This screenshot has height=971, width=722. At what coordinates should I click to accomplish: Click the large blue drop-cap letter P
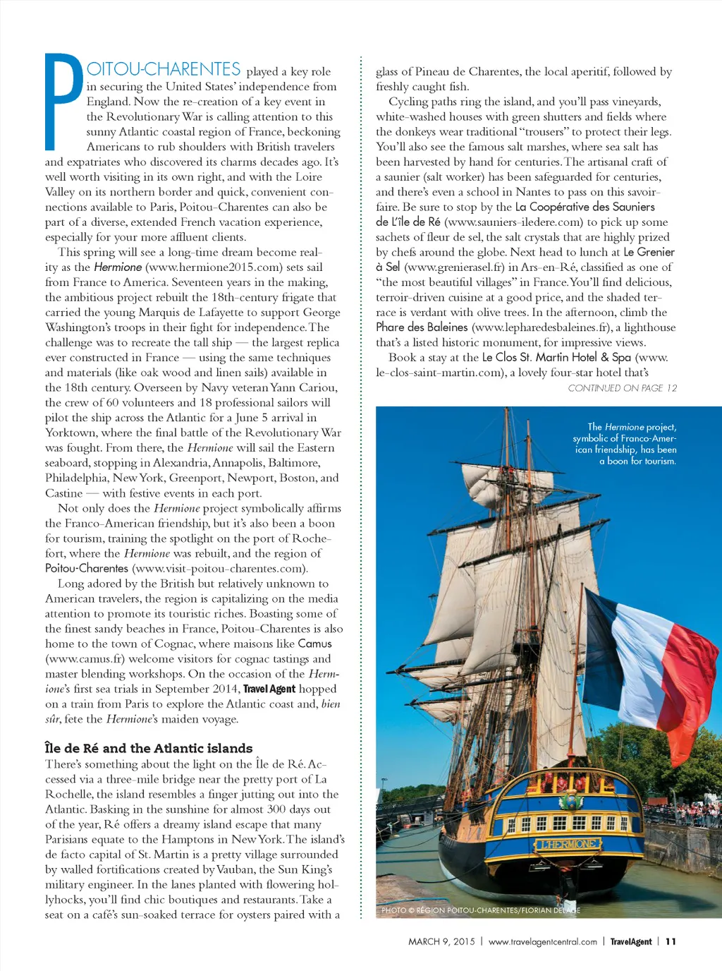pyautogui.click(x=63, y=102)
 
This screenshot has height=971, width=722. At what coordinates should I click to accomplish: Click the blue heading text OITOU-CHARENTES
pyautogui.click(x=164, y=69)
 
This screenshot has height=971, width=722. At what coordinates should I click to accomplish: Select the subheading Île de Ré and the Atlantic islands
pyautogui.click(x=149, y=748)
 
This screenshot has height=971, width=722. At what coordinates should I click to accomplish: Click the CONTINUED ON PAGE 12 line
pyautogui.click(x=622, y=388)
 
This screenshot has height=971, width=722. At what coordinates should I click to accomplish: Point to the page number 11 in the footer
pyautogui.click(x=671, y=941)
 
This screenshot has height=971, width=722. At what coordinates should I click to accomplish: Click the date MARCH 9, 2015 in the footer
pyautogui.click(x=441, y=941)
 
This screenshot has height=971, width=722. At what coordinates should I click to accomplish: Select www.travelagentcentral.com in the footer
pyautogui.click(x=542, y=941)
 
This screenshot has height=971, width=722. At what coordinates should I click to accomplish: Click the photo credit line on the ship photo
pyautogui.click(x=480, y=910)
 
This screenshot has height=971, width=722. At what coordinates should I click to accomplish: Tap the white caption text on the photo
pyautogui.click(x=628, y=444)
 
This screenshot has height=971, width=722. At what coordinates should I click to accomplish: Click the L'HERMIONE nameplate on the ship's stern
pyautogui.click(x=568, y=844)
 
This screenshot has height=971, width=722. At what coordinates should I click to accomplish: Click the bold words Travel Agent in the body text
pyautogui.click(x=269, y=689)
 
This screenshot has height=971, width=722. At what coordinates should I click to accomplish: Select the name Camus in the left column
pyautogui.click(x=314, y=644)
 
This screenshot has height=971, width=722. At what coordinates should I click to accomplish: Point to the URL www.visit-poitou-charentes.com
pyautogui.click(x=220, y=568)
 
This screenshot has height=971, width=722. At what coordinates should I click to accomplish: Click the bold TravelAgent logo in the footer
pyautogui.click(x=630, y=941)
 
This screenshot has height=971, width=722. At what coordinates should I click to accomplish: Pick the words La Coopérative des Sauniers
pyautogui.click(x=585, y=207)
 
